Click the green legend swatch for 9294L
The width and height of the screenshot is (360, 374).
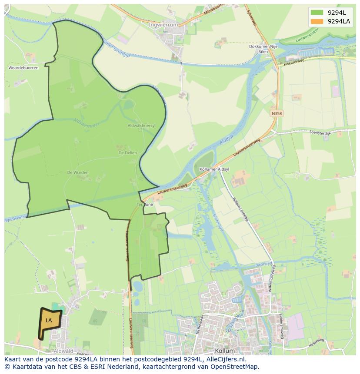coord(317,13)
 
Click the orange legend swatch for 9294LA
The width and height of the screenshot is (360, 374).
coord(317,21)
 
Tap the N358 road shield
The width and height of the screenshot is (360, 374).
coord(277,113)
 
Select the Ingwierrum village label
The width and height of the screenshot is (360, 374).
coord(163,25)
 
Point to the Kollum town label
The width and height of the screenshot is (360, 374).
coord(225,351)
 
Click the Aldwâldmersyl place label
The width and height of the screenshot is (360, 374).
coord(141,126)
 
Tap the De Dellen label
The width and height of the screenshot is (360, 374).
coord(127,153)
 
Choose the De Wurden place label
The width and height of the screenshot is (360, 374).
coord(78,172)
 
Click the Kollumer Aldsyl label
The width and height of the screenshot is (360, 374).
coord(214,169)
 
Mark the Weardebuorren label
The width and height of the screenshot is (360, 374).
coord(23,68)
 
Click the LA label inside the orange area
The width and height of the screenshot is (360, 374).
coord(49,321)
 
